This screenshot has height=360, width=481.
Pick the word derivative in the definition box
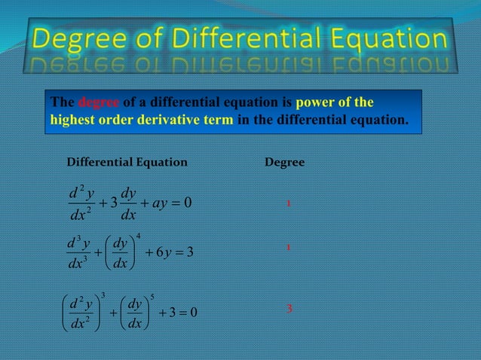[x=158, y=119]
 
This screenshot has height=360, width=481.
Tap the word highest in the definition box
[x=69, y=119]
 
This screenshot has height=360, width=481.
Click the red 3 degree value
[x=290, y=309]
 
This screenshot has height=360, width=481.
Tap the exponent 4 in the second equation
[x=139, y=236]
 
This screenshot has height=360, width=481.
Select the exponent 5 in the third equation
[x=153, y=296]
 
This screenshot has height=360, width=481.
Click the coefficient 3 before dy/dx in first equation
[x=112, y=203]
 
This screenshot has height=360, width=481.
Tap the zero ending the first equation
[x=189, y=203]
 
